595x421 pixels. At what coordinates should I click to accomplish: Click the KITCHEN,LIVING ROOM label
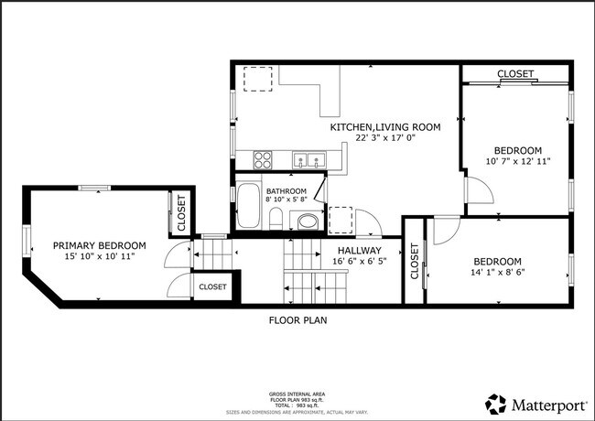tap(385, 127)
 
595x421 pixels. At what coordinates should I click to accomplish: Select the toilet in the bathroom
tap(275, 218)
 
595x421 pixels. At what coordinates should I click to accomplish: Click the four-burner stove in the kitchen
tap(263, 159)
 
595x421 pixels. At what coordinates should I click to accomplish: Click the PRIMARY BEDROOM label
tap(99, 245)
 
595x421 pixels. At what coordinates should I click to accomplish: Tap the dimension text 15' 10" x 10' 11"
tap(99, 258)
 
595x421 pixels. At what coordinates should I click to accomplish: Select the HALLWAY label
tap(359, 250)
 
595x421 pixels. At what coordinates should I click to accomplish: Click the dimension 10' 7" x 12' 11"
tap(518, 163)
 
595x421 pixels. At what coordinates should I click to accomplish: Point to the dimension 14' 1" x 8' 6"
tap(497, 272)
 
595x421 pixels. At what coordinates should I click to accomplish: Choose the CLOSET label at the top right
tap(515, 74)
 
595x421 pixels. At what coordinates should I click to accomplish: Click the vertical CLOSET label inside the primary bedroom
tap(180, 211)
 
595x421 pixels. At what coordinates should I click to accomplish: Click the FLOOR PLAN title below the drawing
tap(297, 320)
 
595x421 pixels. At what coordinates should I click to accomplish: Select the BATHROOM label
tap(287, 191)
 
